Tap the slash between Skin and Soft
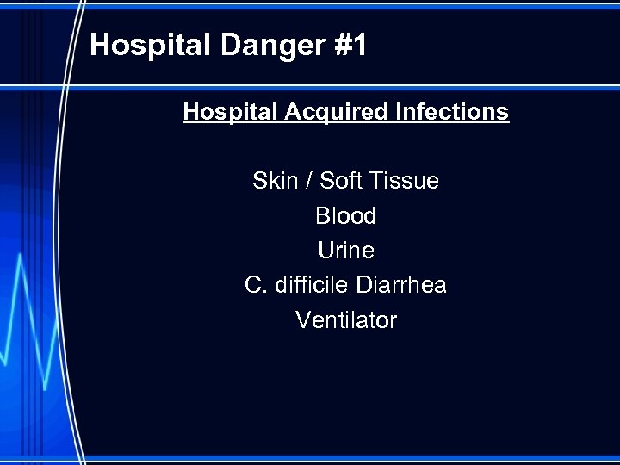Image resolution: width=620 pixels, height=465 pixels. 310,181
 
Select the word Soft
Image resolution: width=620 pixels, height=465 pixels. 342,181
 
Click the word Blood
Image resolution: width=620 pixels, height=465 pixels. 345,215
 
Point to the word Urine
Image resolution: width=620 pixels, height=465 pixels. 345,251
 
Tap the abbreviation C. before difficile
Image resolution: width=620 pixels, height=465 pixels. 256,285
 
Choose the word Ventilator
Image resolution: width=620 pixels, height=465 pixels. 345,320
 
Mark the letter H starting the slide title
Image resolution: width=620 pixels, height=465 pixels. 100,46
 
